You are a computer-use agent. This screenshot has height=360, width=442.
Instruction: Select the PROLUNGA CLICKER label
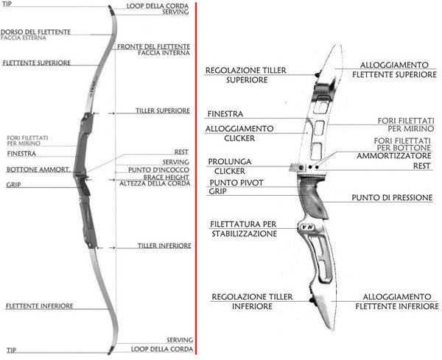tap(231, 166)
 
